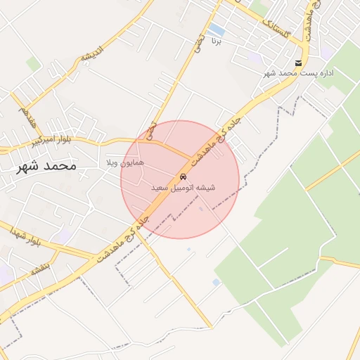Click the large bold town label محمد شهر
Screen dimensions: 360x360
[44, 167]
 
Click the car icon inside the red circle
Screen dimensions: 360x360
[183, 176]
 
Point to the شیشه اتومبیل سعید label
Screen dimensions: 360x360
[183, 188]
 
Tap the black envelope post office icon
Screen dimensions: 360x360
[299, 64]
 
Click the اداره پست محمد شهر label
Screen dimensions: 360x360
[299, 73]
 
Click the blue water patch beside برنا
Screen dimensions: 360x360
[217, 31]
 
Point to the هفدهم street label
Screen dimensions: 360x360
[26, 116]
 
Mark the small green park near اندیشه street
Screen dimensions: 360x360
[33, 64]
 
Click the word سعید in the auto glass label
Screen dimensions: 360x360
[160, 188]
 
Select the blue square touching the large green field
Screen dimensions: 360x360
[216, 282]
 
